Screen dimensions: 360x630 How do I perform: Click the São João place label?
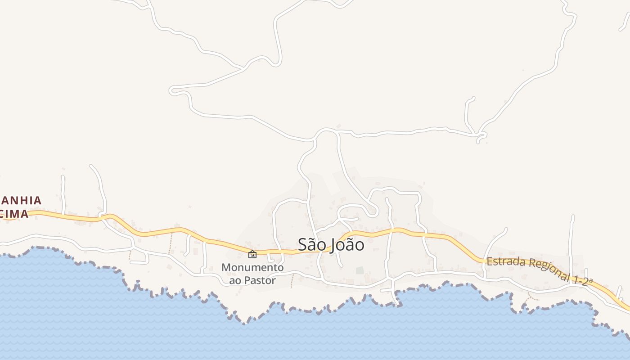point(331,244)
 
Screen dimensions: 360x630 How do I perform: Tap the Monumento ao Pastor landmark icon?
point(252,255)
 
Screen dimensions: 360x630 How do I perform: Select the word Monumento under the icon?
point(252,267)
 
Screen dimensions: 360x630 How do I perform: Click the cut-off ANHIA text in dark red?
point(21,201)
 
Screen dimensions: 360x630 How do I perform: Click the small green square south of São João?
point(360,270)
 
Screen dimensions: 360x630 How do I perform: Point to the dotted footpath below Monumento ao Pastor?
point(292,282)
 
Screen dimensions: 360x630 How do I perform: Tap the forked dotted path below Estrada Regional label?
point(532,297)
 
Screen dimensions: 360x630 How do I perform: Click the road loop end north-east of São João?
point(373,212)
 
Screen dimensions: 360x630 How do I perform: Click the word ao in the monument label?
point(236,280)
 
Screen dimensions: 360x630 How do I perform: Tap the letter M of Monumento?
point(226,267)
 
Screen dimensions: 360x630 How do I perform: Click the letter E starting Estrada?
point(490,261)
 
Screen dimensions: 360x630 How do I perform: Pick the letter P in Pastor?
point(249,280)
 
